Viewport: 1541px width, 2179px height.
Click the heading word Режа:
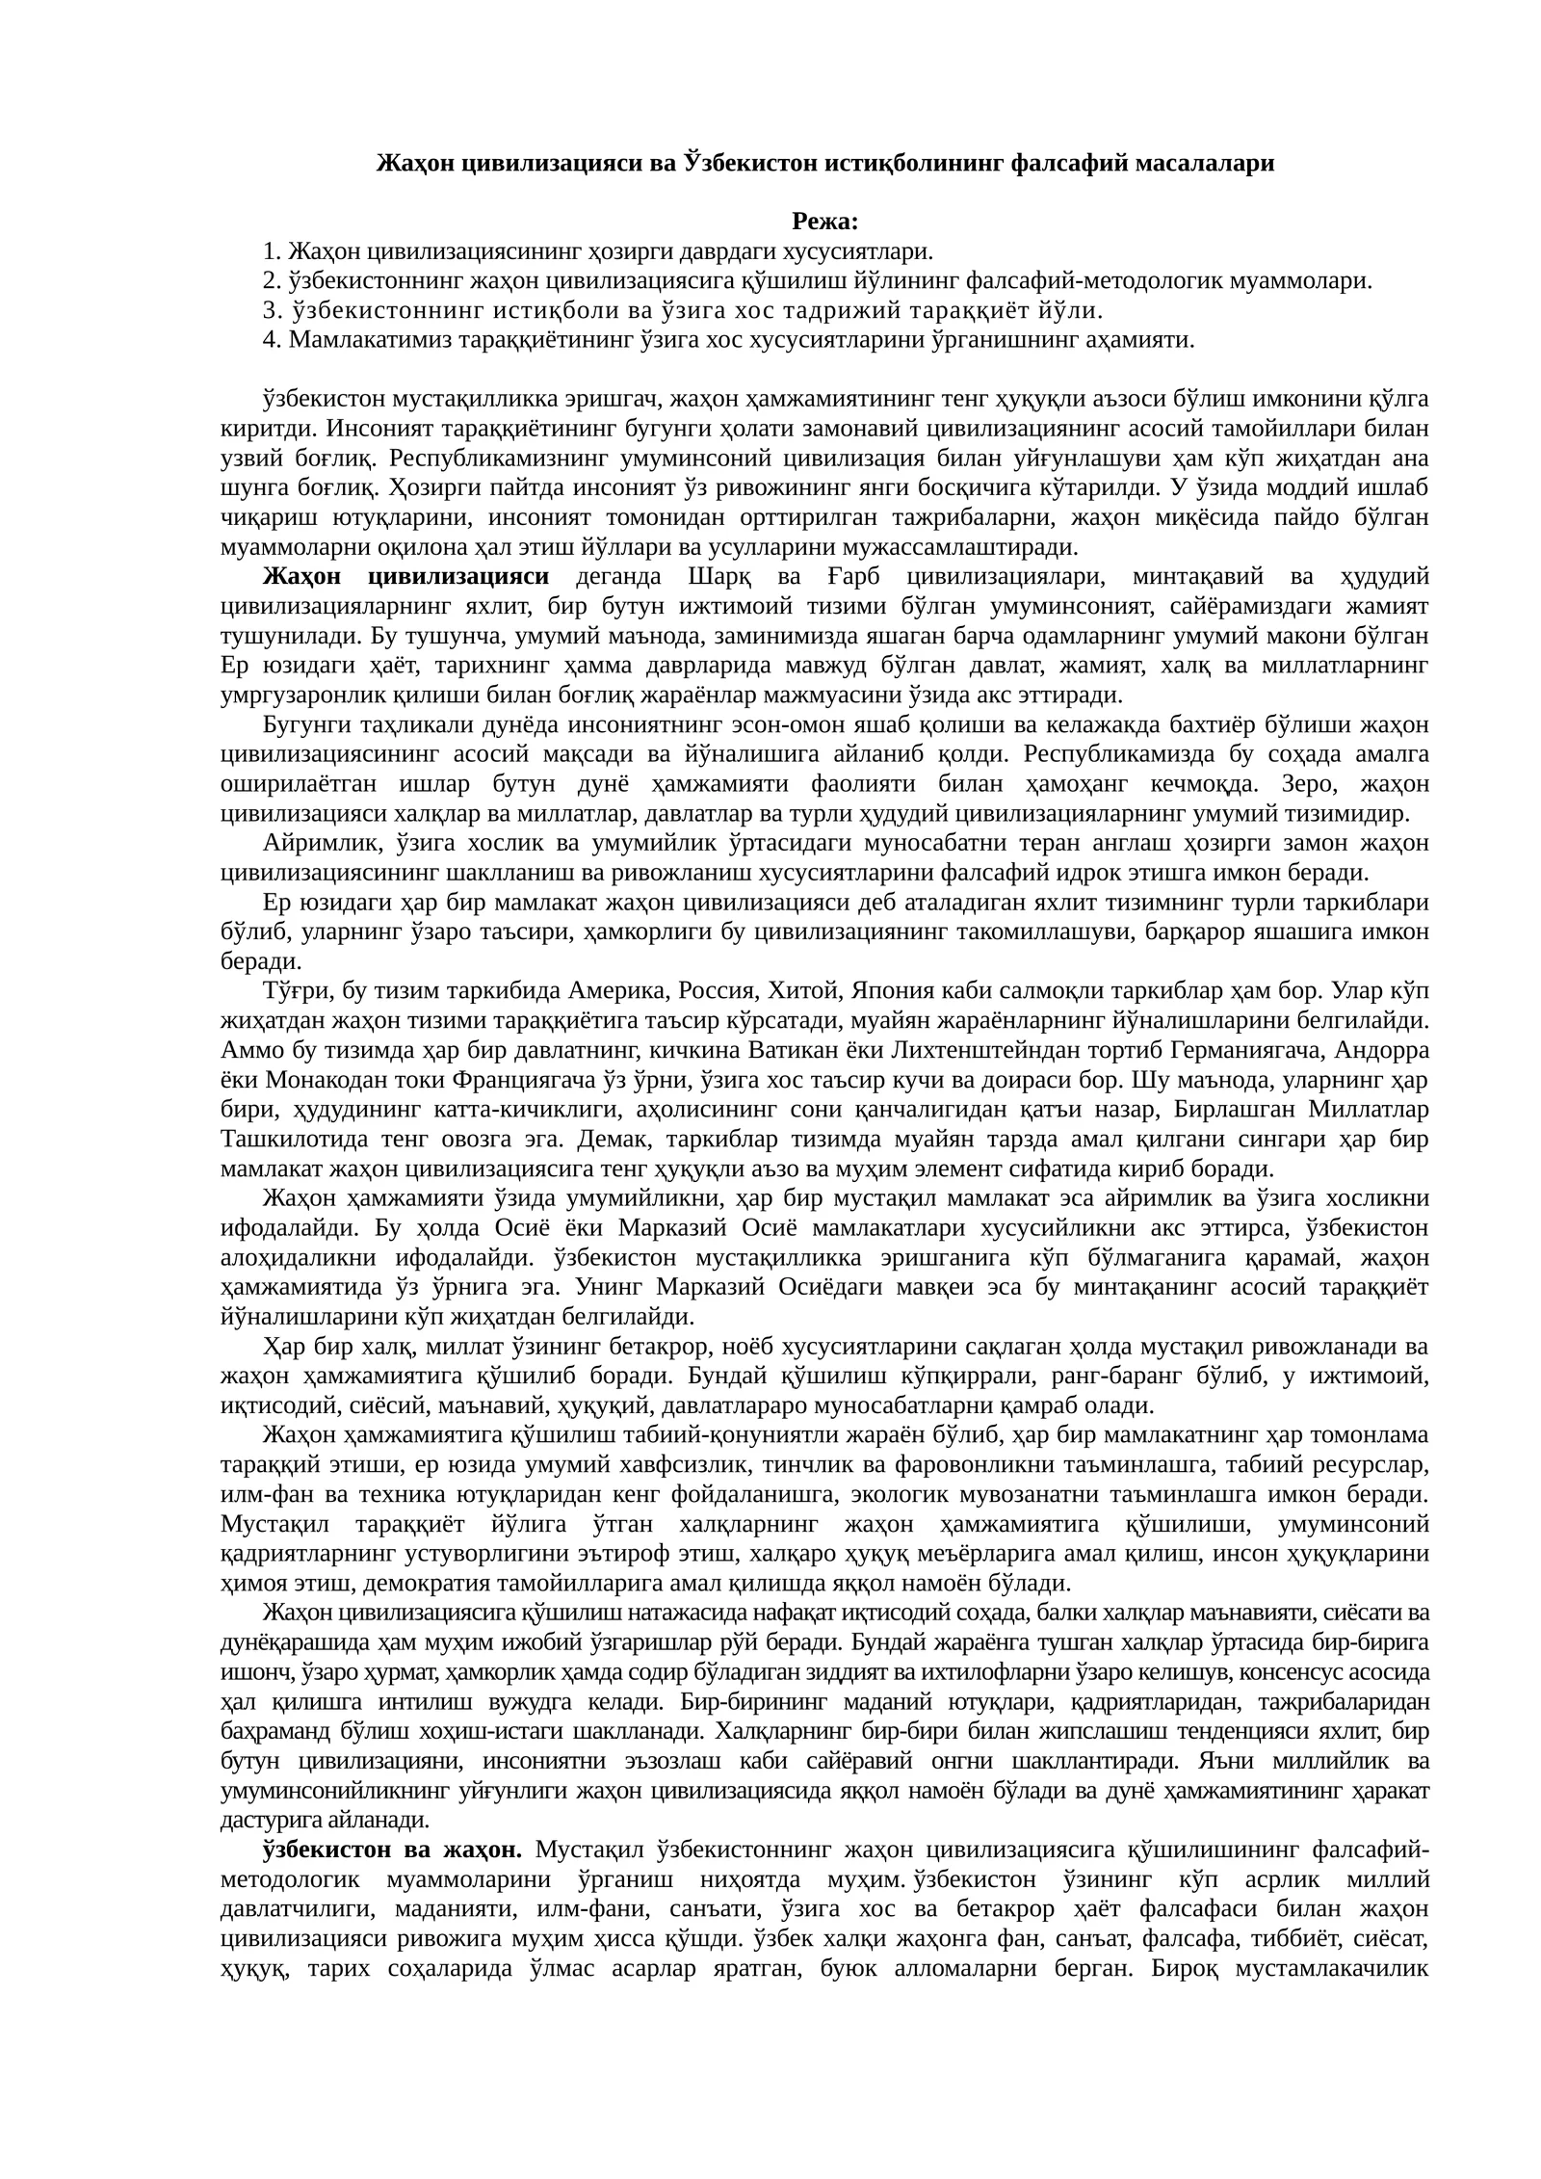824,223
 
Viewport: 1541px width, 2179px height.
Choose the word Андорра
1379,1050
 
